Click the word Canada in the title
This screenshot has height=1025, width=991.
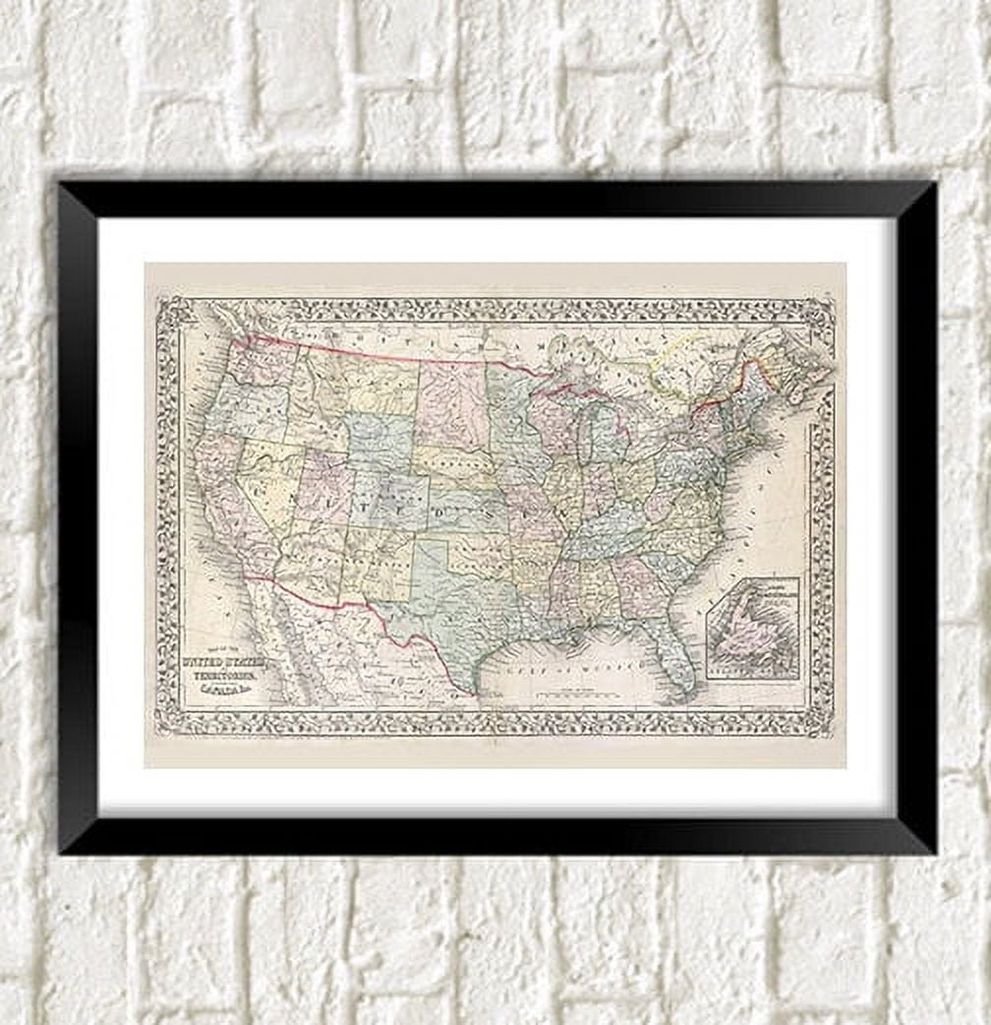coord(234,694)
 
